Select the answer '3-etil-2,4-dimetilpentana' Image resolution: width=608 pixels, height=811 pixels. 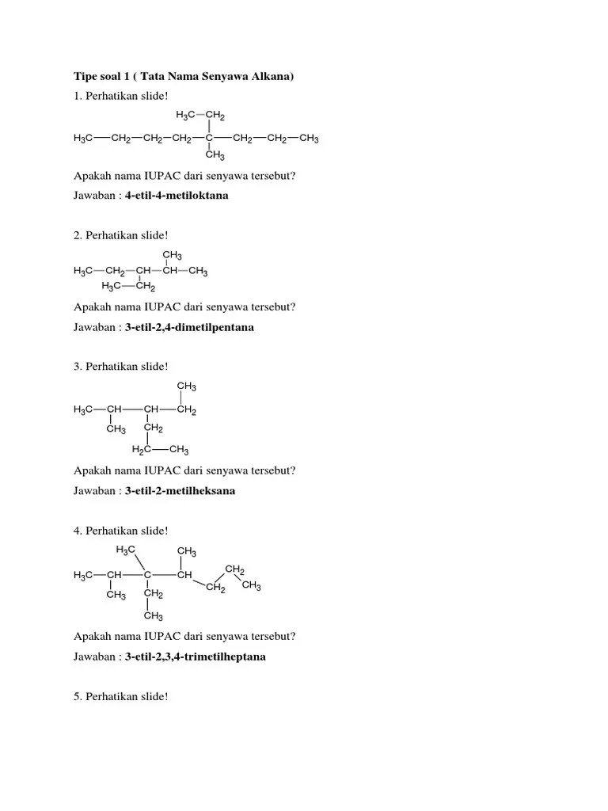tap(189, 326)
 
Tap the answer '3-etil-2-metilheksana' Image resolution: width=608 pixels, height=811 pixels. tap(180, 490)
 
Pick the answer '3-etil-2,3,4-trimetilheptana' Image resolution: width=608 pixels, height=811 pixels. tap(195, 657)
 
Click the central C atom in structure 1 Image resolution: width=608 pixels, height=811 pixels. tap(208, 139)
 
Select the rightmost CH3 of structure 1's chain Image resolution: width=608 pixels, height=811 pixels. tap(309, 139)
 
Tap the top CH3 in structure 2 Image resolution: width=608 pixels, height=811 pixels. tap(172, 255)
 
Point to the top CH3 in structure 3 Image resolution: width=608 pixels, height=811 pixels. tap(187, 386)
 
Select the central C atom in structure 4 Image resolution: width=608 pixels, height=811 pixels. tap(148, 575)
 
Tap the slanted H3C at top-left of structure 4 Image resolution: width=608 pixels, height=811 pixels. tap(125, 550)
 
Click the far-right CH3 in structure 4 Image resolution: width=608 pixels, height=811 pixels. tap(251, 585)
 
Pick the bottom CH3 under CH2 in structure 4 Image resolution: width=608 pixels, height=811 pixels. tap(153, 616)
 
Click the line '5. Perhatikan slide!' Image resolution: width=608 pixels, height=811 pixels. tap(120, 696)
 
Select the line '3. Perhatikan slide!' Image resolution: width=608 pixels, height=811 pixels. tap(120, 366)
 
